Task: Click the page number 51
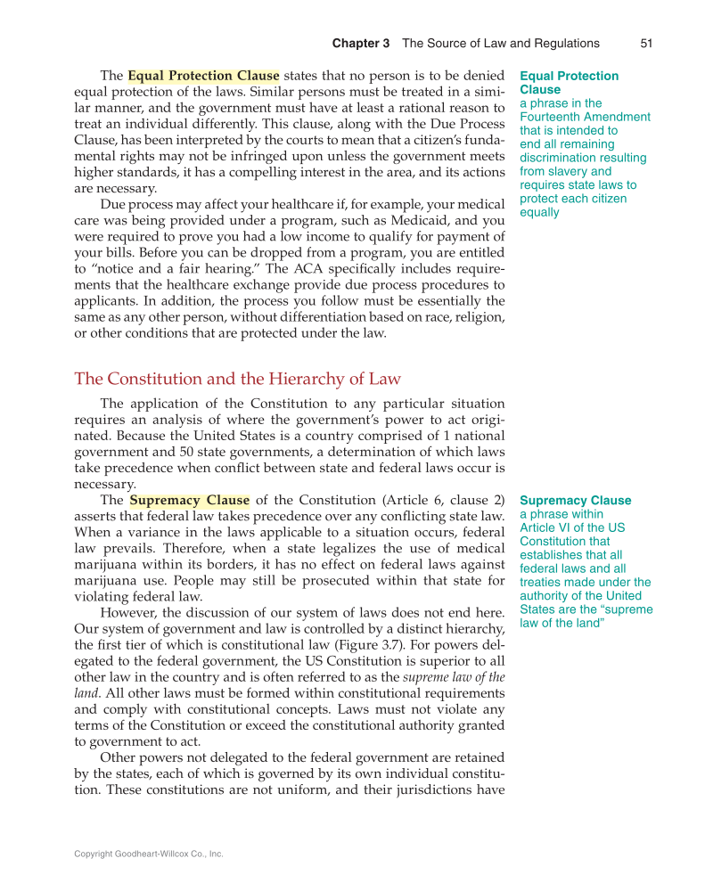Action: coord(647,43)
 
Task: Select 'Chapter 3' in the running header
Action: coord(361,43)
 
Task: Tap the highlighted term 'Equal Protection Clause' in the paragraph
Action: coord(203,76)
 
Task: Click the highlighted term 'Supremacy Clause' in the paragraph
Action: coord(189,500)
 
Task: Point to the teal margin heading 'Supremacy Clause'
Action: coord(575,500)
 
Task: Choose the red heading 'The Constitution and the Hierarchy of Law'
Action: coord(237,379)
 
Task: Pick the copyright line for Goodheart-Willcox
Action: coord(148,854)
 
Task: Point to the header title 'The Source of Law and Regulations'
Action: coord(500,43)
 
